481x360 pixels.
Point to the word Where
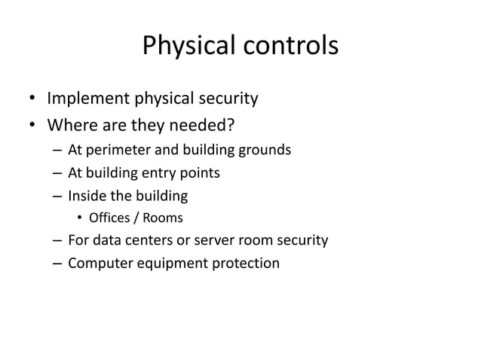pyautogui.click(x=71, y=124)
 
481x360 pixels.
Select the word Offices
pyautogui.click(x=109, y=219)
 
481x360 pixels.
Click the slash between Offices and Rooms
pyautogui.click(x=136, y=219)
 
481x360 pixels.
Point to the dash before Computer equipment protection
pyautogui.click(x=57, y=264)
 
